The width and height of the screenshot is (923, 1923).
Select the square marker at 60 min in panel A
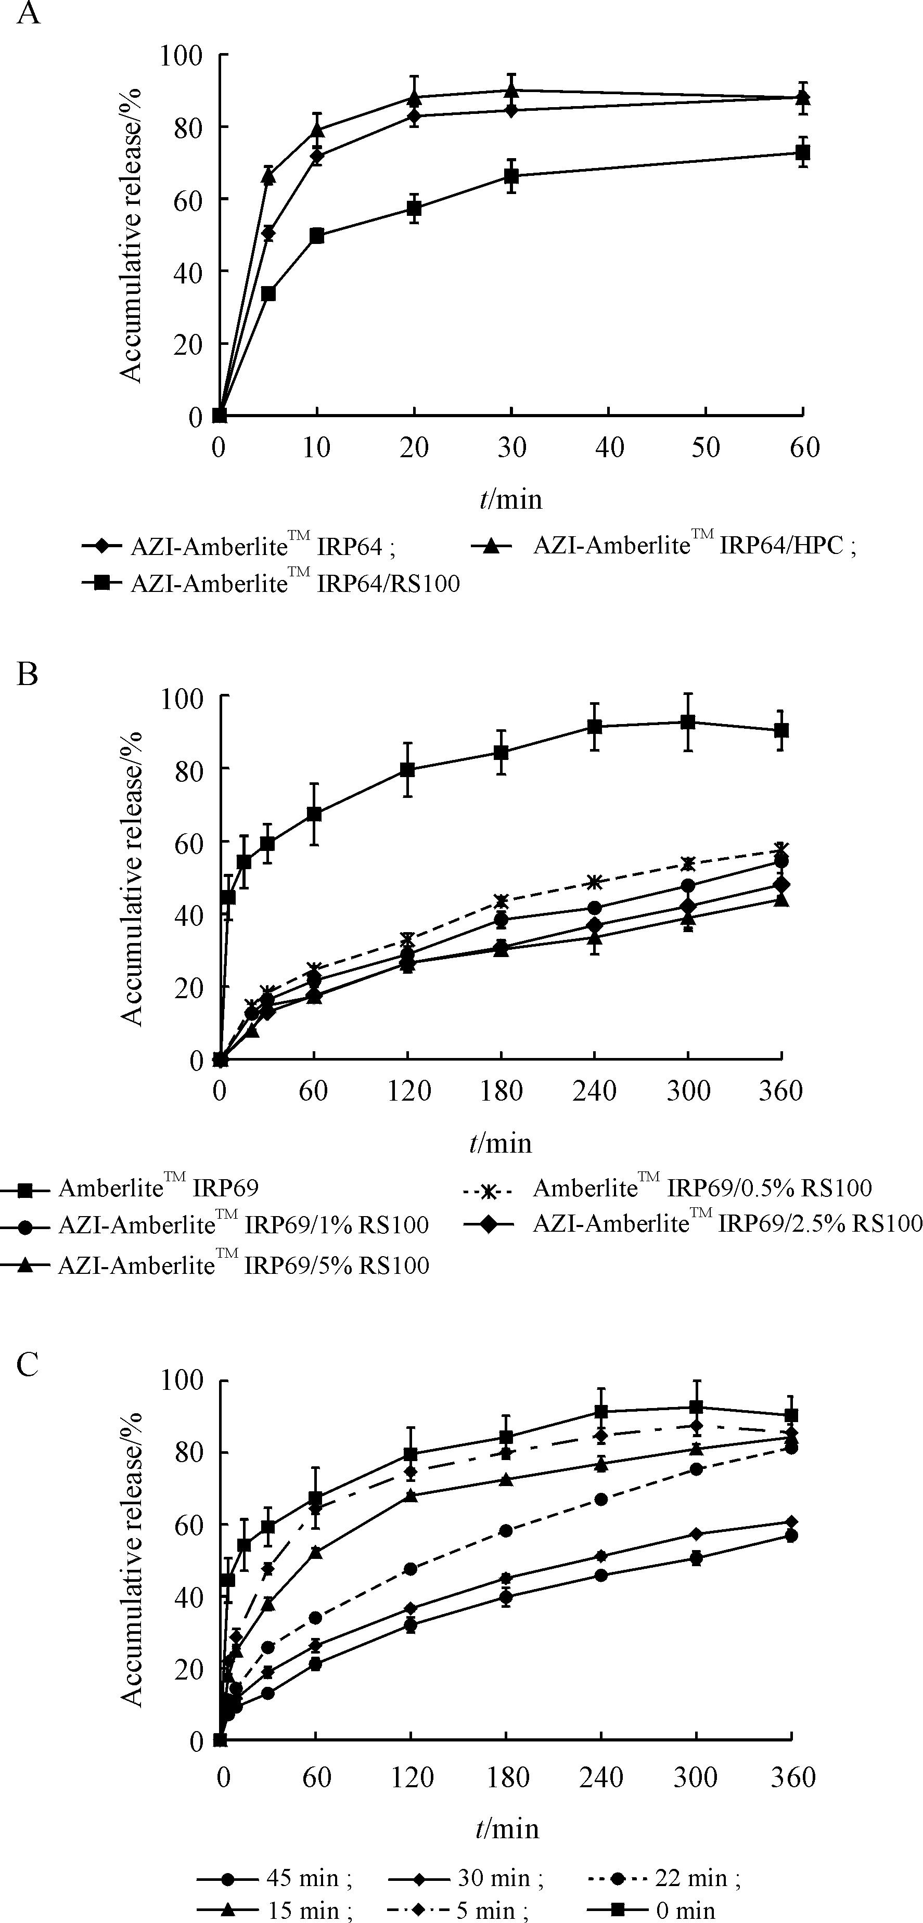pyautogui.click(x=803, y=153)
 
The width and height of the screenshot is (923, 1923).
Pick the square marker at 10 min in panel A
pyautogui.click(x=317, y=236)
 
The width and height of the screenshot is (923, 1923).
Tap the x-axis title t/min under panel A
pyautogui.click(x=511, y=498)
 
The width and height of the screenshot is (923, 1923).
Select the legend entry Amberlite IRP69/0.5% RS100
pyautogui.click(x=702, y=1187)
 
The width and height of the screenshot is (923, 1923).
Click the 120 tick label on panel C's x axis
pyautogui.click(x=412, y=1777)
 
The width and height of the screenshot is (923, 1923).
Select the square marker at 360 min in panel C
pyautogui.click(x=791, y=1415)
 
